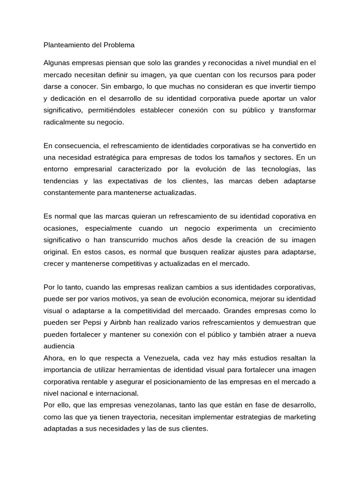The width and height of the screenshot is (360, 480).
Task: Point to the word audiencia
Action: coord(59,346)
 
